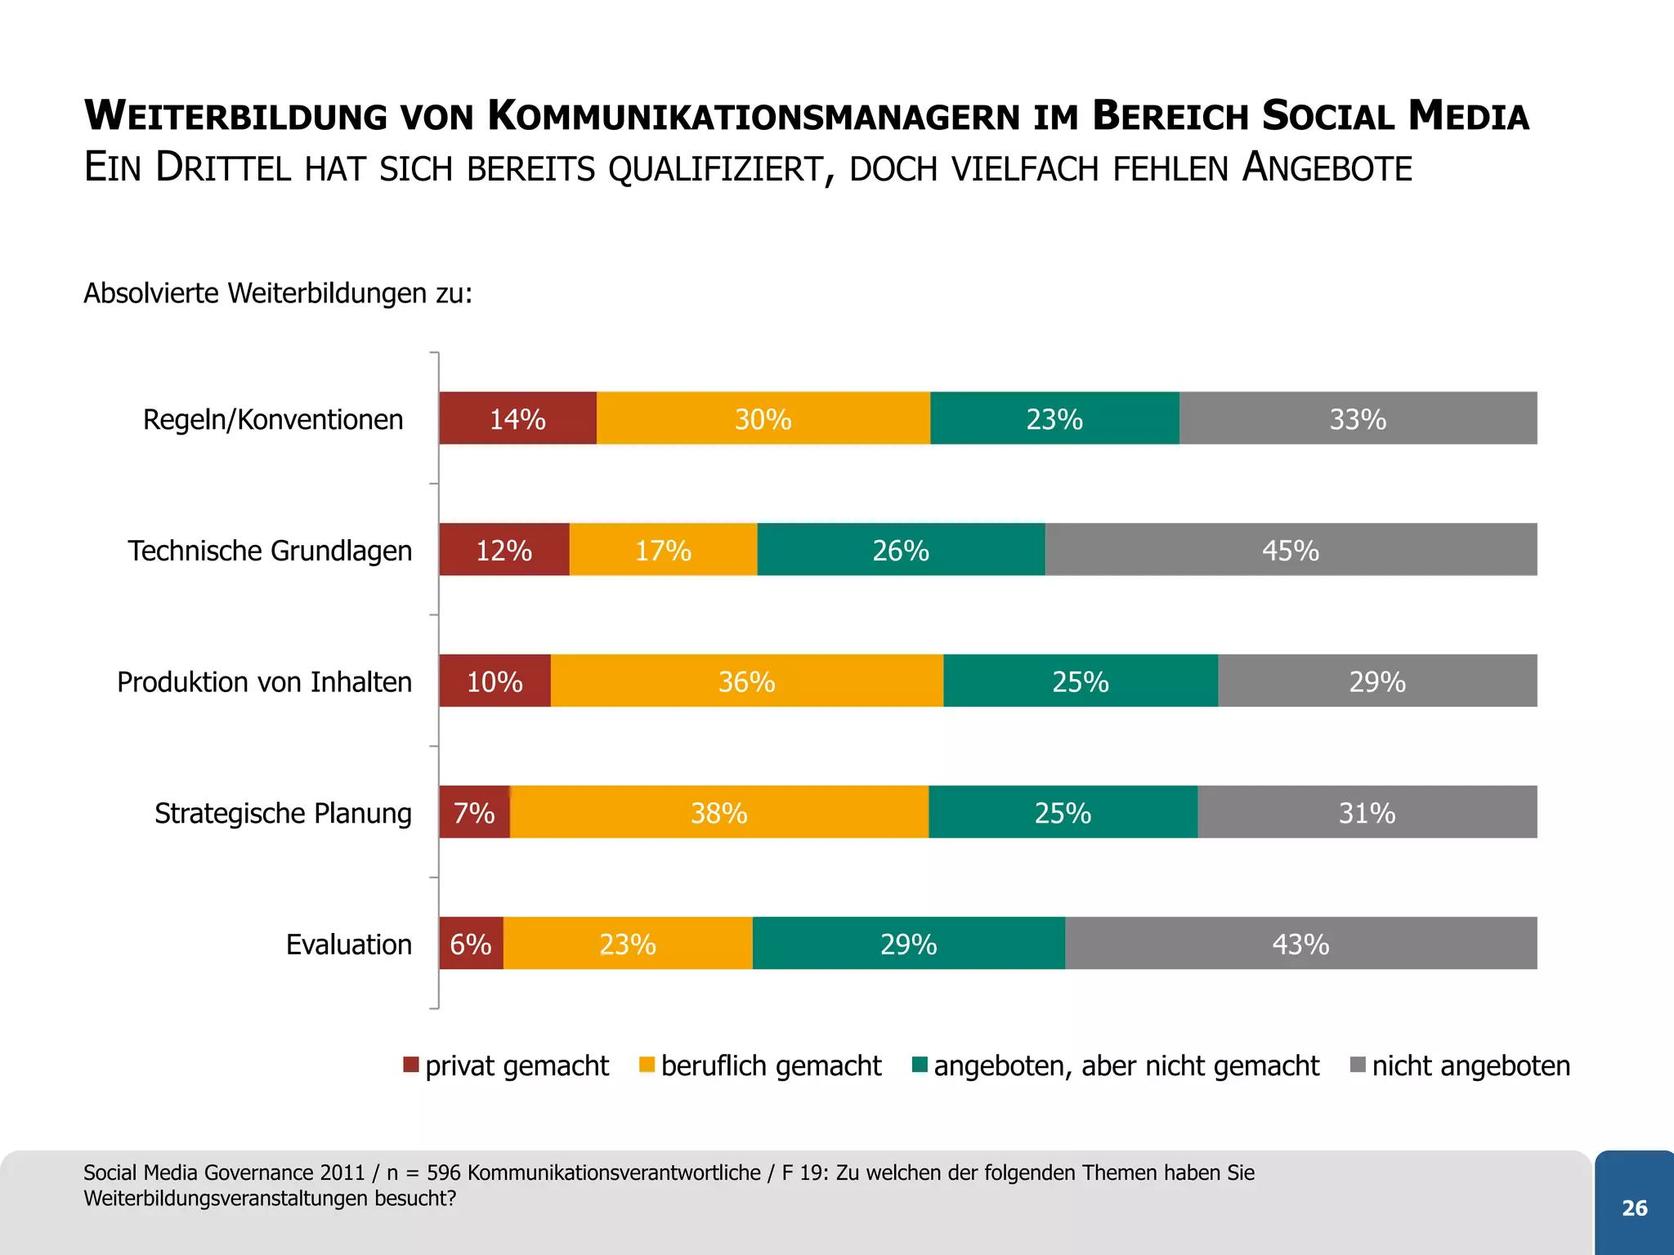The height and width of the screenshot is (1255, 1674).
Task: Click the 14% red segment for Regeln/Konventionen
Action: coord(517,418)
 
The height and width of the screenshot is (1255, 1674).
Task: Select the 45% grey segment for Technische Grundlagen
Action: coord(1291,550)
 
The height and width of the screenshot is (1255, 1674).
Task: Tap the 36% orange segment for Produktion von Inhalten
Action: coord(746,681)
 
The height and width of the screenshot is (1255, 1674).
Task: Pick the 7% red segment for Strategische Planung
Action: coord(474,812)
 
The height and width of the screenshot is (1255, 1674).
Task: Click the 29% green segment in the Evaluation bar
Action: coord(908,944)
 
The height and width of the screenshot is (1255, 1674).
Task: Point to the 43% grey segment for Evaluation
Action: coord(1300,944)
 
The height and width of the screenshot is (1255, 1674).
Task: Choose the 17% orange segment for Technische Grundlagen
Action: coord(663,550)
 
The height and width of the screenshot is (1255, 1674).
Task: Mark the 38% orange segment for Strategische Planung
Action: coord(718,812)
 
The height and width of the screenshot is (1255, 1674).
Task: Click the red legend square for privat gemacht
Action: coord(411,1065)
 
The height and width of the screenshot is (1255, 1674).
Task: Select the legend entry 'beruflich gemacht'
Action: coord(771,1065)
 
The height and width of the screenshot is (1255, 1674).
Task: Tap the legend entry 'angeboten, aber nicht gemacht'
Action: coord(1126,1065)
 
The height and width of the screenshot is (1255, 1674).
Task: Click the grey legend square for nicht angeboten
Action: coord(1358,1065)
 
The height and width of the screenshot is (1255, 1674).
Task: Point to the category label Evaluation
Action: coord(349,945)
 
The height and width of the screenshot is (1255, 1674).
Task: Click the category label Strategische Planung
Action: coord(283,813)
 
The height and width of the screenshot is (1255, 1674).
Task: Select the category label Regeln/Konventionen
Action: coord(273,419)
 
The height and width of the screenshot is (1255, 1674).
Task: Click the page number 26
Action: coord(1634,1208)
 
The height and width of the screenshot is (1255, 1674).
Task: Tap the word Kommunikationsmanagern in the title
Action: coord(754,116)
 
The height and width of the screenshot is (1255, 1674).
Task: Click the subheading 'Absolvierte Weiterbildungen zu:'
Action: coord(278,293)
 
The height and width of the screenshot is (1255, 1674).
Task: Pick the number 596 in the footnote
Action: coord(444,1172)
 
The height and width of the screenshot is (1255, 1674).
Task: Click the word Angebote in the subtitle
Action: coord(1327,168)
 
